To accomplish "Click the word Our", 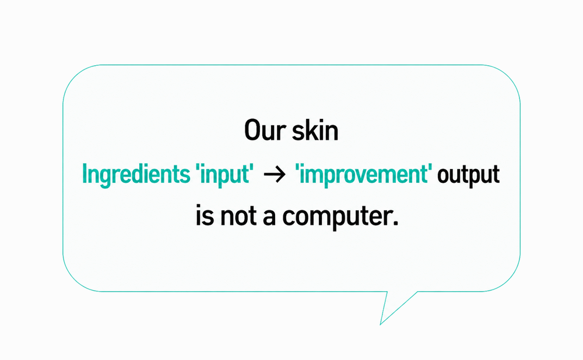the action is tap(265, 130).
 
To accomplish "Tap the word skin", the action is tap(315, 130).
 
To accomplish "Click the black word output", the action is tap(468, 175).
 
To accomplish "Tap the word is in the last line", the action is tap(205, 216).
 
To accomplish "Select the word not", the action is tap(238, 216).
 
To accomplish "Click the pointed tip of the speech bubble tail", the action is tap(380, 324).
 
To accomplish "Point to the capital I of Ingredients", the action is tap(85, 174).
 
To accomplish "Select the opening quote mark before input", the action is tap(198, 167).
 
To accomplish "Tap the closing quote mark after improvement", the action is tap(430, 167).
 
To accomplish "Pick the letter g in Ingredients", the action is tap(106, 177).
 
